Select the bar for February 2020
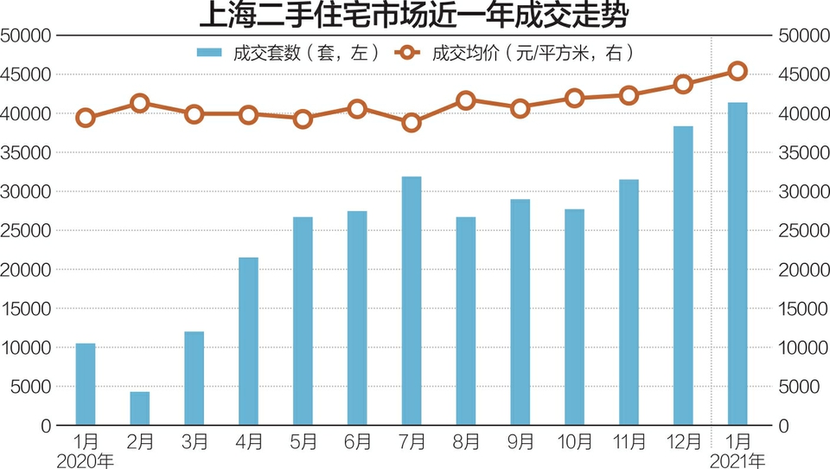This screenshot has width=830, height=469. tap(140, 408)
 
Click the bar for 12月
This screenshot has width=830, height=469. tap(683, 276)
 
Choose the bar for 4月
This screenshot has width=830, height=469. tap(248, 342)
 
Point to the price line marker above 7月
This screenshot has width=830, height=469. tap(412, 123)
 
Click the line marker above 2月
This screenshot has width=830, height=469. tap(140, 104)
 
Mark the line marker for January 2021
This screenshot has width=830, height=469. tap(737, 71)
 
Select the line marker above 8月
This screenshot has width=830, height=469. tap(466, 100)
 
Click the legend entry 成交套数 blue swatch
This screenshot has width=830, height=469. tap(210, 54)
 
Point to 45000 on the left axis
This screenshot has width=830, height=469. tap(25, 74)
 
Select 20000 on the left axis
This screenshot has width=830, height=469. tap(25, 270)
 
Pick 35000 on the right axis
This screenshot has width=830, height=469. tap(796, 152)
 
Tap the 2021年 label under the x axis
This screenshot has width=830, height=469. tap(737, 459)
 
